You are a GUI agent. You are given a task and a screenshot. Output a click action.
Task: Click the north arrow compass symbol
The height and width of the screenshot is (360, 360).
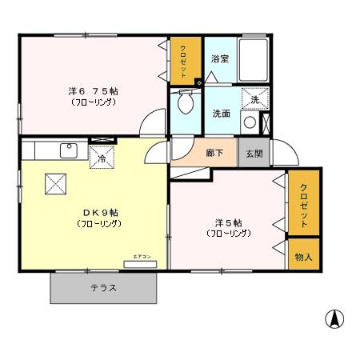(334, 318)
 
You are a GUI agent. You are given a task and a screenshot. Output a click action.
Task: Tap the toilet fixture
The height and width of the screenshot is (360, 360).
(185, 102)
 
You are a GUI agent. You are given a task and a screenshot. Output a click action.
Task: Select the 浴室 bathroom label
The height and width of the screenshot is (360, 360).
(220, 59)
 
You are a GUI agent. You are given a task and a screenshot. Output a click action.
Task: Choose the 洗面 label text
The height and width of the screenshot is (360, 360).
(222, 114)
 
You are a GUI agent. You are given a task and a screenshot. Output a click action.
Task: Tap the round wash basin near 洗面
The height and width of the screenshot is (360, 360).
(250, 122)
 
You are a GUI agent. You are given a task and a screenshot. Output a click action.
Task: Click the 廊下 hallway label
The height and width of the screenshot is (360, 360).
(214, 152)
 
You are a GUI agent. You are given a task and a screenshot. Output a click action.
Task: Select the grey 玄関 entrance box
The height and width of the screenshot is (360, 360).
(254, 152)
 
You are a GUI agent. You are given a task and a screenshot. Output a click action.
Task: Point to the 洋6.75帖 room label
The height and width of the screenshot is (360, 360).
(94, 91)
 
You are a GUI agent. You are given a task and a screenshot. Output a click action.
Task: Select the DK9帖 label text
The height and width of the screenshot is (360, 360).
(100, 213)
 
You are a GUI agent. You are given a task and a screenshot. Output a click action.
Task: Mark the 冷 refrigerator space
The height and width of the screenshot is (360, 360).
(102, 158)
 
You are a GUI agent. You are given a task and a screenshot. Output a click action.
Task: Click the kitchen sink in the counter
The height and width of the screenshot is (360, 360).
(68, 150)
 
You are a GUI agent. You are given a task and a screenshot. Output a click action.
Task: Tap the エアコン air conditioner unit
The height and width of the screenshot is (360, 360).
(140, 262)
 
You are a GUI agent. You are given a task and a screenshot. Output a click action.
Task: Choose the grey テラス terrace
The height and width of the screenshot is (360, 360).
(103, 288)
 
